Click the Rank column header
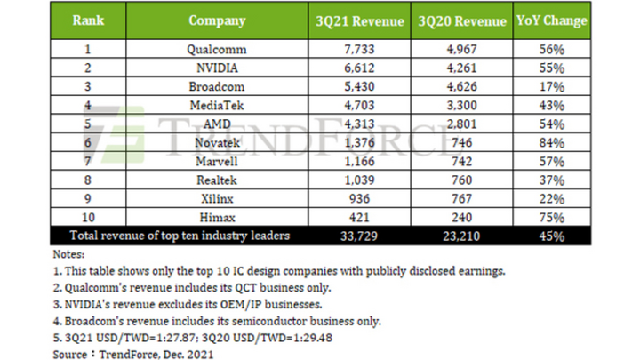90,20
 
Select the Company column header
218,20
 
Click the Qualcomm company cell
218,51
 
